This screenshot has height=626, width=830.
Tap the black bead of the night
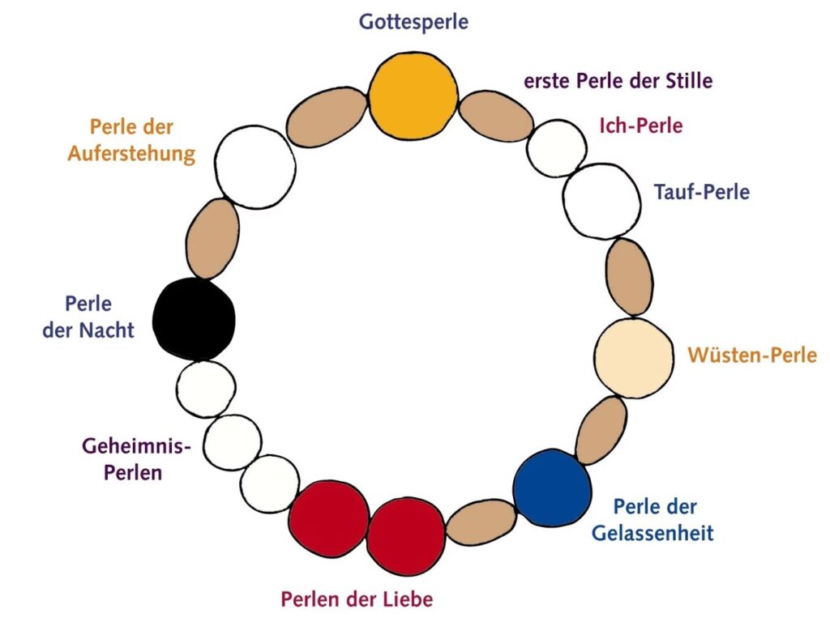[195, 318]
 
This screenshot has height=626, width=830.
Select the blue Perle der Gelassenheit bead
[552, 488]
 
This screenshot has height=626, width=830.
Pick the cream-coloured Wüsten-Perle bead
[634, 357]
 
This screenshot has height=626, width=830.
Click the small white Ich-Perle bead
[557, 148]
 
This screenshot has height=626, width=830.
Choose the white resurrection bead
[255, 167]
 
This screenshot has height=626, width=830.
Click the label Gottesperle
[414, 22]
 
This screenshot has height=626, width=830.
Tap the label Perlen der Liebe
[357, 599]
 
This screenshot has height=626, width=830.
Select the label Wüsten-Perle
[752, 355]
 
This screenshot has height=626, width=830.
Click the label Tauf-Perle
[701, 193]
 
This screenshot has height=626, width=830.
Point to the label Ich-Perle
[640, 126]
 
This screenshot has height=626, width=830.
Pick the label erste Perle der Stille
[618, 81]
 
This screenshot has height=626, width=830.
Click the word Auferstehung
[131, 153]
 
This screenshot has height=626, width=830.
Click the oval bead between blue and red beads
[481, 522]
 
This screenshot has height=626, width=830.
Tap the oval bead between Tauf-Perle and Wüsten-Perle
[630, 276]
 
